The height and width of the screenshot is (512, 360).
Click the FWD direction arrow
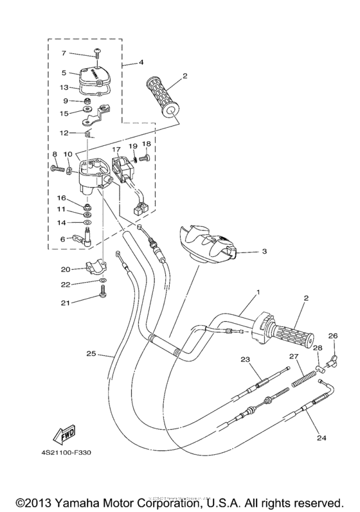click(x=62, y=437)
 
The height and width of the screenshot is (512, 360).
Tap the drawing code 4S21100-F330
click(x=69, y=452)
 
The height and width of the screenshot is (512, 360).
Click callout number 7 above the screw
click(x=64, y=53)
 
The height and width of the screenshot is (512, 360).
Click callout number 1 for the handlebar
click(x=257, y=292)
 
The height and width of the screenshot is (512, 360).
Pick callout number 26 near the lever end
click(x=332, y=336)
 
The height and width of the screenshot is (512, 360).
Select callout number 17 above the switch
click(x=117, y=149)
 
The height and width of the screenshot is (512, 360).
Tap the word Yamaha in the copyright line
click(x=85, y=501)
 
